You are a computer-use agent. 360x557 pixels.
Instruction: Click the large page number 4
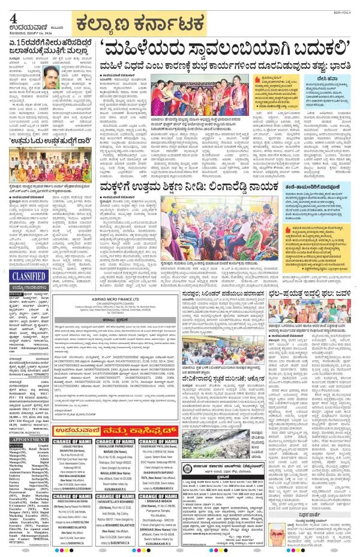[x=13, y=17]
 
